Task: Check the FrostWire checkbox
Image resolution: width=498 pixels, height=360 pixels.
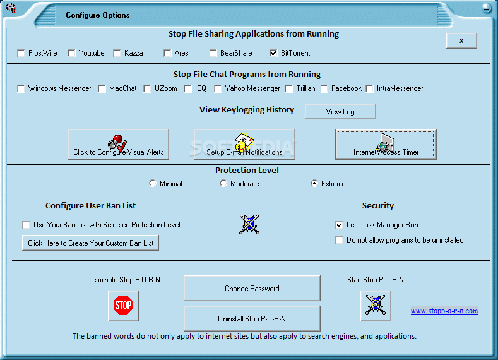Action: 21,54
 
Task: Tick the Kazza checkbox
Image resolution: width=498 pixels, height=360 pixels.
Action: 117,54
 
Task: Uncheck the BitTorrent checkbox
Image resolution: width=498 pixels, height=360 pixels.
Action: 273,54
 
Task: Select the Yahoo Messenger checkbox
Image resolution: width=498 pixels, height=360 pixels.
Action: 218,88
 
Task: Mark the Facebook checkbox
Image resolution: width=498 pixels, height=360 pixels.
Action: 324,88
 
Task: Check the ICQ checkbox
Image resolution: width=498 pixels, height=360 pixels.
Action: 188,88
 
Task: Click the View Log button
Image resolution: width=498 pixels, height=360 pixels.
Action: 340,112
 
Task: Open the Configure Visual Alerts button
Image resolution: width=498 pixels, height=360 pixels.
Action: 118,144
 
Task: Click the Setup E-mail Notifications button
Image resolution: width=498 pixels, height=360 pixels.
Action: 244,144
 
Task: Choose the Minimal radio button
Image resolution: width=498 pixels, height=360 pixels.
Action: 153,183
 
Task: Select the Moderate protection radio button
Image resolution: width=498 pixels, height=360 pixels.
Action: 223,183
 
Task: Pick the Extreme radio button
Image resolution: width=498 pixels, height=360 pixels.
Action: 314,183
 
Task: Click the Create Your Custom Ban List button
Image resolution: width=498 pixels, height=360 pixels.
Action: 90,243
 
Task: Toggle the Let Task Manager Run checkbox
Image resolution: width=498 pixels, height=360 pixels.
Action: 339,225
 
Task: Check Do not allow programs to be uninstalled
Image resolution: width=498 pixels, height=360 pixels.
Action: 339,240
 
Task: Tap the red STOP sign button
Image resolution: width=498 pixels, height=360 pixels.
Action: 123,306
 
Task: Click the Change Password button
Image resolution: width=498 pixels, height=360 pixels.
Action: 252,288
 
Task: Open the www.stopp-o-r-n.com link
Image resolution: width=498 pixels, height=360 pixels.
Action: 444,311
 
